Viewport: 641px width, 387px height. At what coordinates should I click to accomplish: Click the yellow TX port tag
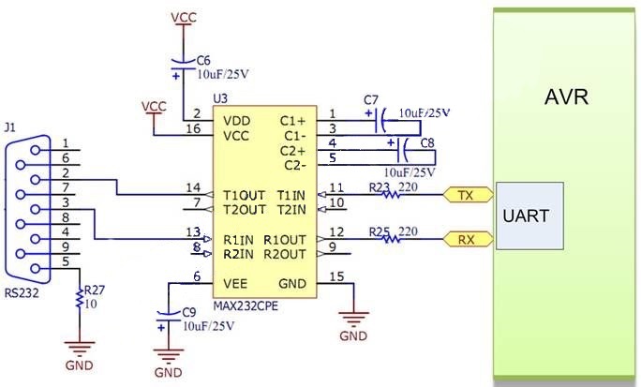468,195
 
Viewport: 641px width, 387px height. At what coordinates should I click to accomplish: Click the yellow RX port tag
468,239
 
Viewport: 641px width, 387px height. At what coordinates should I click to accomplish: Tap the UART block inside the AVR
529,216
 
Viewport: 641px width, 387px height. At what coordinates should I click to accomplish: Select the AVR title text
566,97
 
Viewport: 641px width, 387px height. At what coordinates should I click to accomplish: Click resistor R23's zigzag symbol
391,195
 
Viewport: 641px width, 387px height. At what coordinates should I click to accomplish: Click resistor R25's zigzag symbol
391,239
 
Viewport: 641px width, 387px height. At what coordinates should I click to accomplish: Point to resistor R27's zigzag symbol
80,299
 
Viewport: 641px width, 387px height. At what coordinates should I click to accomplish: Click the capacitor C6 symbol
183,66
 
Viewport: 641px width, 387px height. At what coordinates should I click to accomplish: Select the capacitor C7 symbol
380,121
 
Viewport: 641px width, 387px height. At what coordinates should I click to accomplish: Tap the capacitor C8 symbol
403,150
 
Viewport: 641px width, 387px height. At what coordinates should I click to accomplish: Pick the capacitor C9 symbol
169,317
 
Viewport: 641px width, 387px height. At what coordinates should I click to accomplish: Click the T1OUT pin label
244,195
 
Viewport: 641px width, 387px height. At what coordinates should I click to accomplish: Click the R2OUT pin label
285,254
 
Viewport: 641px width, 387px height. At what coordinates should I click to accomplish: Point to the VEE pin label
235,284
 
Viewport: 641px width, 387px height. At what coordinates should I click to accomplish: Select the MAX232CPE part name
246,306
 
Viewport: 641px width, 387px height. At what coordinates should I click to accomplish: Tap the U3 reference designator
220,99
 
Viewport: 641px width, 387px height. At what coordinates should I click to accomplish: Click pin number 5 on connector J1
66,261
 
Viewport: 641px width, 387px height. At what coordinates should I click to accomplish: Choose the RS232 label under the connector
22,293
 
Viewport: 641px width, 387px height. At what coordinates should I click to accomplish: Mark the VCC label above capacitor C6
184,18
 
